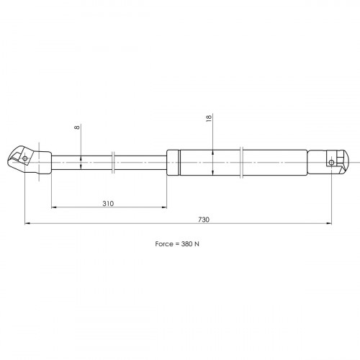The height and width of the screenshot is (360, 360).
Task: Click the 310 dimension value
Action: pyautogui.click(x=108, y=204)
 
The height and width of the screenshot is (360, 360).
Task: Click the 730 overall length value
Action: pyautogui.click(x=204, y=220)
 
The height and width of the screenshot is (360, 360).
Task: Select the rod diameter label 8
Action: pyautogui.click(x=77, y=127)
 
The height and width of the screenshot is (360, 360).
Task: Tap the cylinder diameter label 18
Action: pyautogui.click(x=209, y=118)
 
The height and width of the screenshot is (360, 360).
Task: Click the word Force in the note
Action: pyautogui.click(x=164, y=244)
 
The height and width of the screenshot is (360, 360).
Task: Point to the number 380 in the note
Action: pyautogui.click(x=186, y=244)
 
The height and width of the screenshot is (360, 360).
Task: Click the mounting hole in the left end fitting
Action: pyautogui.click(x=24, y=158)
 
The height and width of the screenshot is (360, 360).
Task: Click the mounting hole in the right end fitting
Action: pyautogui.click(x=331, y=163)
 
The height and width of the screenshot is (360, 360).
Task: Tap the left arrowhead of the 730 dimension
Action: pyautogui.click(x=27, y=223)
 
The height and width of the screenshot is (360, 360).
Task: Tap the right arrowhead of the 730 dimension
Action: pyautogui.click(x=329, y=223)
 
